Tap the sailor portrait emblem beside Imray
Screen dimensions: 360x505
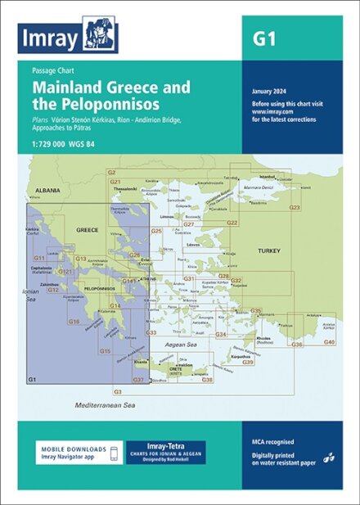101,36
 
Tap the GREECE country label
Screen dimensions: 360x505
87,231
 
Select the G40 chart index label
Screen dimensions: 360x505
329,341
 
